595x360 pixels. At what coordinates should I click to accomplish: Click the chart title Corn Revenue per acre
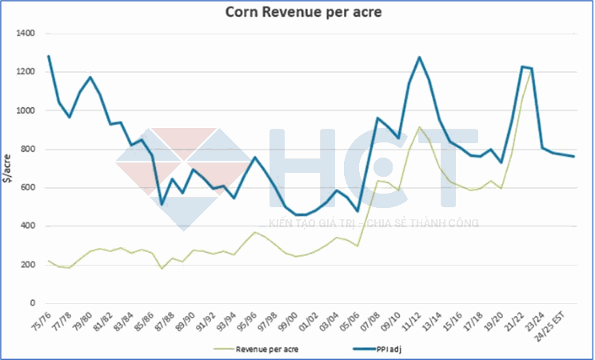(297, 13)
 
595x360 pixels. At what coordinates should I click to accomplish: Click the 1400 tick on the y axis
(26, 34)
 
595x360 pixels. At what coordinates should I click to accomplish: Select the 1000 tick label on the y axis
(26, 110)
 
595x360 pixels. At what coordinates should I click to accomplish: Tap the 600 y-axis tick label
(29, 188)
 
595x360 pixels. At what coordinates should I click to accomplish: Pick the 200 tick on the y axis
(29, 265)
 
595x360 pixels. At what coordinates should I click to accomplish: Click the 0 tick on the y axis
(34, 303)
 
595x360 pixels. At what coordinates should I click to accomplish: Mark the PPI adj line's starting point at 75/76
(49, 56)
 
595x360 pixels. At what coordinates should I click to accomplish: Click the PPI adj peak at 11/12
(420, 58)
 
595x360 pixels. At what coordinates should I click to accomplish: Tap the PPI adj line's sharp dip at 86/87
(162, 204)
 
